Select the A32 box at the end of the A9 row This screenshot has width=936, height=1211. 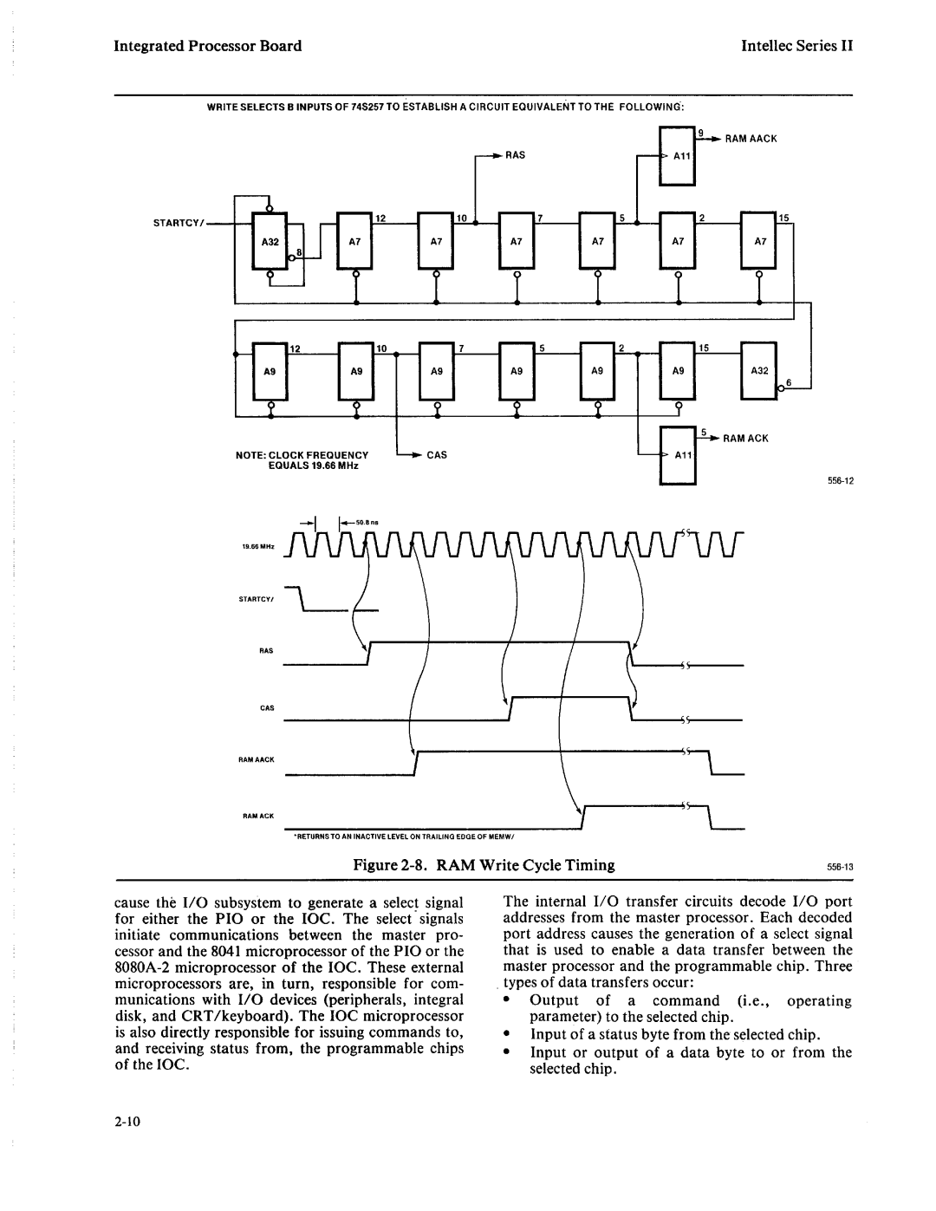[x=759, y=369]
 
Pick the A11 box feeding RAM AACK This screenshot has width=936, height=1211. [x=678, y=157]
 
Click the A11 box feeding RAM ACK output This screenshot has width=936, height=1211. [x=679, y=456]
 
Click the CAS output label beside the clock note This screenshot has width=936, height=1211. [x=435, y=454]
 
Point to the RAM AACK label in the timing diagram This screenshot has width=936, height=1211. [x=257, y=759]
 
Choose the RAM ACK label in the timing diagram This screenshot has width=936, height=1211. [x=259, y=817]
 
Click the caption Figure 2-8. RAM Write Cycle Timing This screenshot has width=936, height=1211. [x=484, y=864]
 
